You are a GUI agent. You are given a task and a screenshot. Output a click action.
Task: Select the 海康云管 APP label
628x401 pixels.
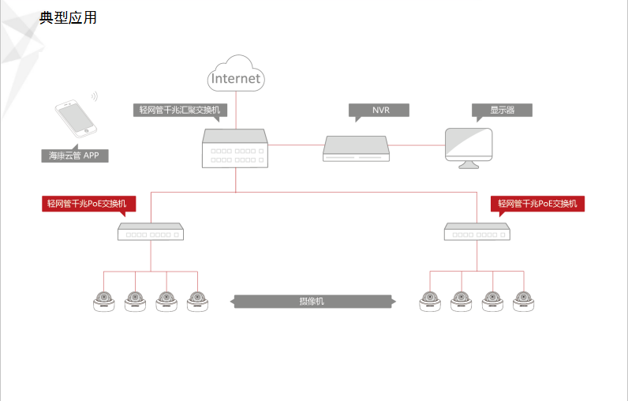coord(75,156)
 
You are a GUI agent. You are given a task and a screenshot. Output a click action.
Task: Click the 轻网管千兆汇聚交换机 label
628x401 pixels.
coord(179,110)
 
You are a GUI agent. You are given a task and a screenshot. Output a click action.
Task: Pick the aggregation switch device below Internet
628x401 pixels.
coord(234,148)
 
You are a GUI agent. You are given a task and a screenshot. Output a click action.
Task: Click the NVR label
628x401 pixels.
coord(380,110)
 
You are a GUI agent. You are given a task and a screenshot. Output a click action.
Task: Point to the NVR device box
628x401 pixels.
coord(357,148)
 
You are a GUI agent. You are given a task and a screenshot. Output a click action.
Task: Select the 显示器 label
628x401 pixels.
coord(502,110)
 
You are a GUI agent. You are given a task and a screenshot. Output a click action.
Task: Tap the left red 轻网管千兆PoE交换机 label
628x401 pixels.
coord(89,204)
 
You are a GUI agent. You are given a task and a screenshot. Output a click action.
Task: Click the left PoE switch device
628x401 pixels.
coord(150,231)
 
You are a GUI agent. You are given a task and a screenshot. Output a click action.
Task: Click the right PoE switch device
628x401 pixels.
coord(477,231)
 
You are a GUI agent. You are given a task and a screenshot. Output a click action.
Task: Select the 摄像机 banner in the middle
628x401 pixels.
coord(312,301)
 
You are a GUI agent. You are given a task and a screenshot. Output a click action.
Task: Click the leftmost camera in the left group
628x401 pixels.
coord(103,301)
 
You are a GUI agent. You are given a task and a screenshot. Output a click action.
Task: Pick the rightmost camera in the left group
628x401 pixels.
coord(197,301)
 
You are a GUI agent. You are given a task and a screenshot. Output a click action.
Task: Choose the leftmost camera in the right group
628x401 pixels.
coord(430,301)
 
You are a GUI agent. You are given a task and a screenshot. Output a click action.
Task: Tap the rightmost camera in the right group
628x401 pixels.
coord(522,301)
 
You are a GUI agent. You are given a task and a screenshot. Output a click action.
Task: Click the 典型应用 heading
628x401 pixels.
coord(68,17)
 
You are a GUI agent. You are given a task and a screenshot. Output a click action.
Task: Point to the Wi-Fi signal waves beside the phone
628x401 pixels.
coord(94,97)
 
